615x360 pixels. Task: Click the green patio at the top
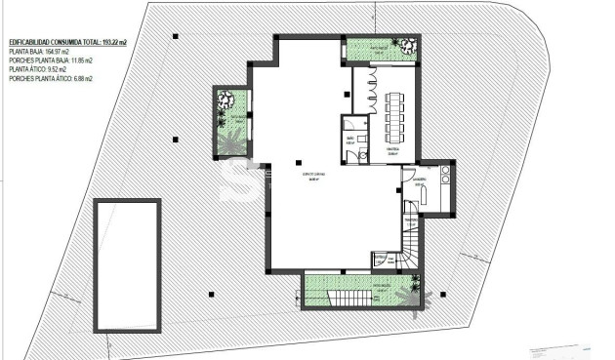point(382,48)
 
